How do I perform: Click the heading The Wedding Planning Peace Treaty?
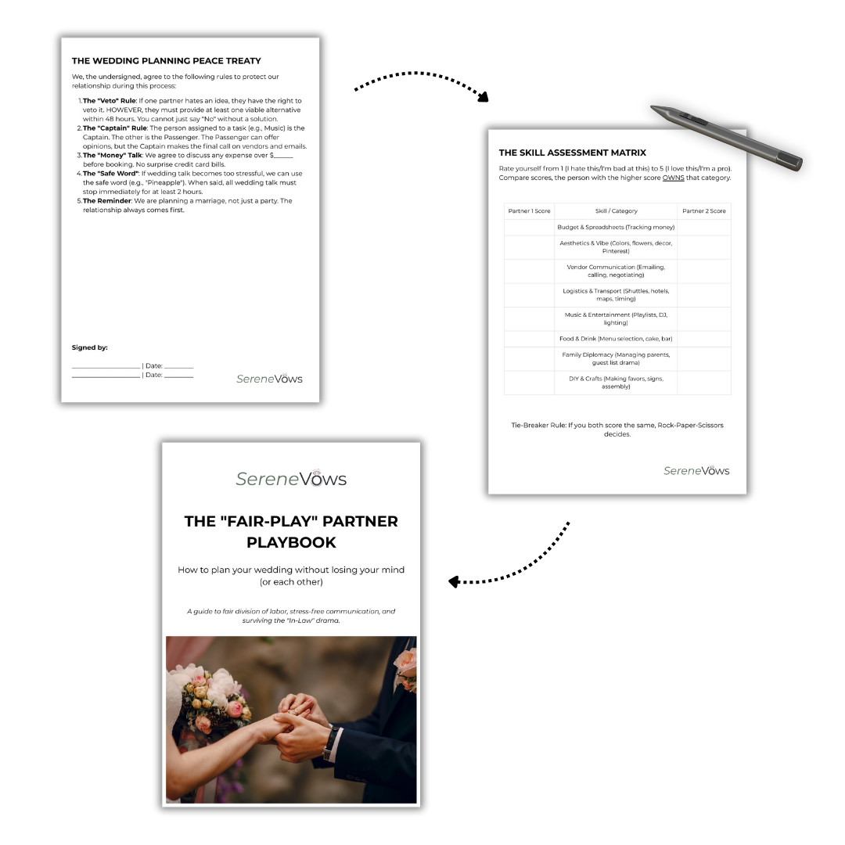click(x=167, y=61)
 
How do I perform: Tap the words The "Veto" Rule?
click(x=110, y=101)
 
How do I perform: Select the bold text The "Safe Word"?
click(x=111, y=174)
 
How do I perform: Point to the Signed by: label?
click(x=89, y=347)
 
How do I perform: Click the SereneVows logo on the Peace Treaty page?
click(x=269, y=379)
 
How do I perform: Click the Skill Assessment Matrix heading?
click(x=572, y=153)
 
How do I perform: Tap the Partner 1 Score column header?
click(x=529, y=210)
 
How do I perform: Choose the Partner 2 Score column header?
click(x=704, y=210)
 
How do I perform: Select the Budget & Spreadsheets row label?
click(x=616, y=227)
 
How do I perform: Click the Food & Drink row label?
click(x=616, y=339)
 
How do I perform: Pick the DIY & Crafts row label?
click(x=616, y=382)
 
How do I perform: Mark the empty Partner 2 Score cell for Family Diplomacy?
click(x=704, y=358)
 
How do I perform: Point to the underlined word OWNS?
click(x=673, y=178)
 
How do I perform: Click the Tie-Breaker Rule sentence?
click(x=617, y=430)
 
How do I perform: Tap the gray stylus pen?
click(x=726, y=138)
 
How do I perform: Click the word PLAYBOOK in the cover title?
click(x=291, y=542)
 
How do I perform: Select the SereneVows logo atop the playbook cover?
click(x=291, y=478)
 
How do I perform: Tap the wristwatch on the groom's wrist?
click(x=330, y=743)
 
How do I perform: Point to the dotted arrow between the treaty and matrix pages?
click(x=420, y=74)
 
